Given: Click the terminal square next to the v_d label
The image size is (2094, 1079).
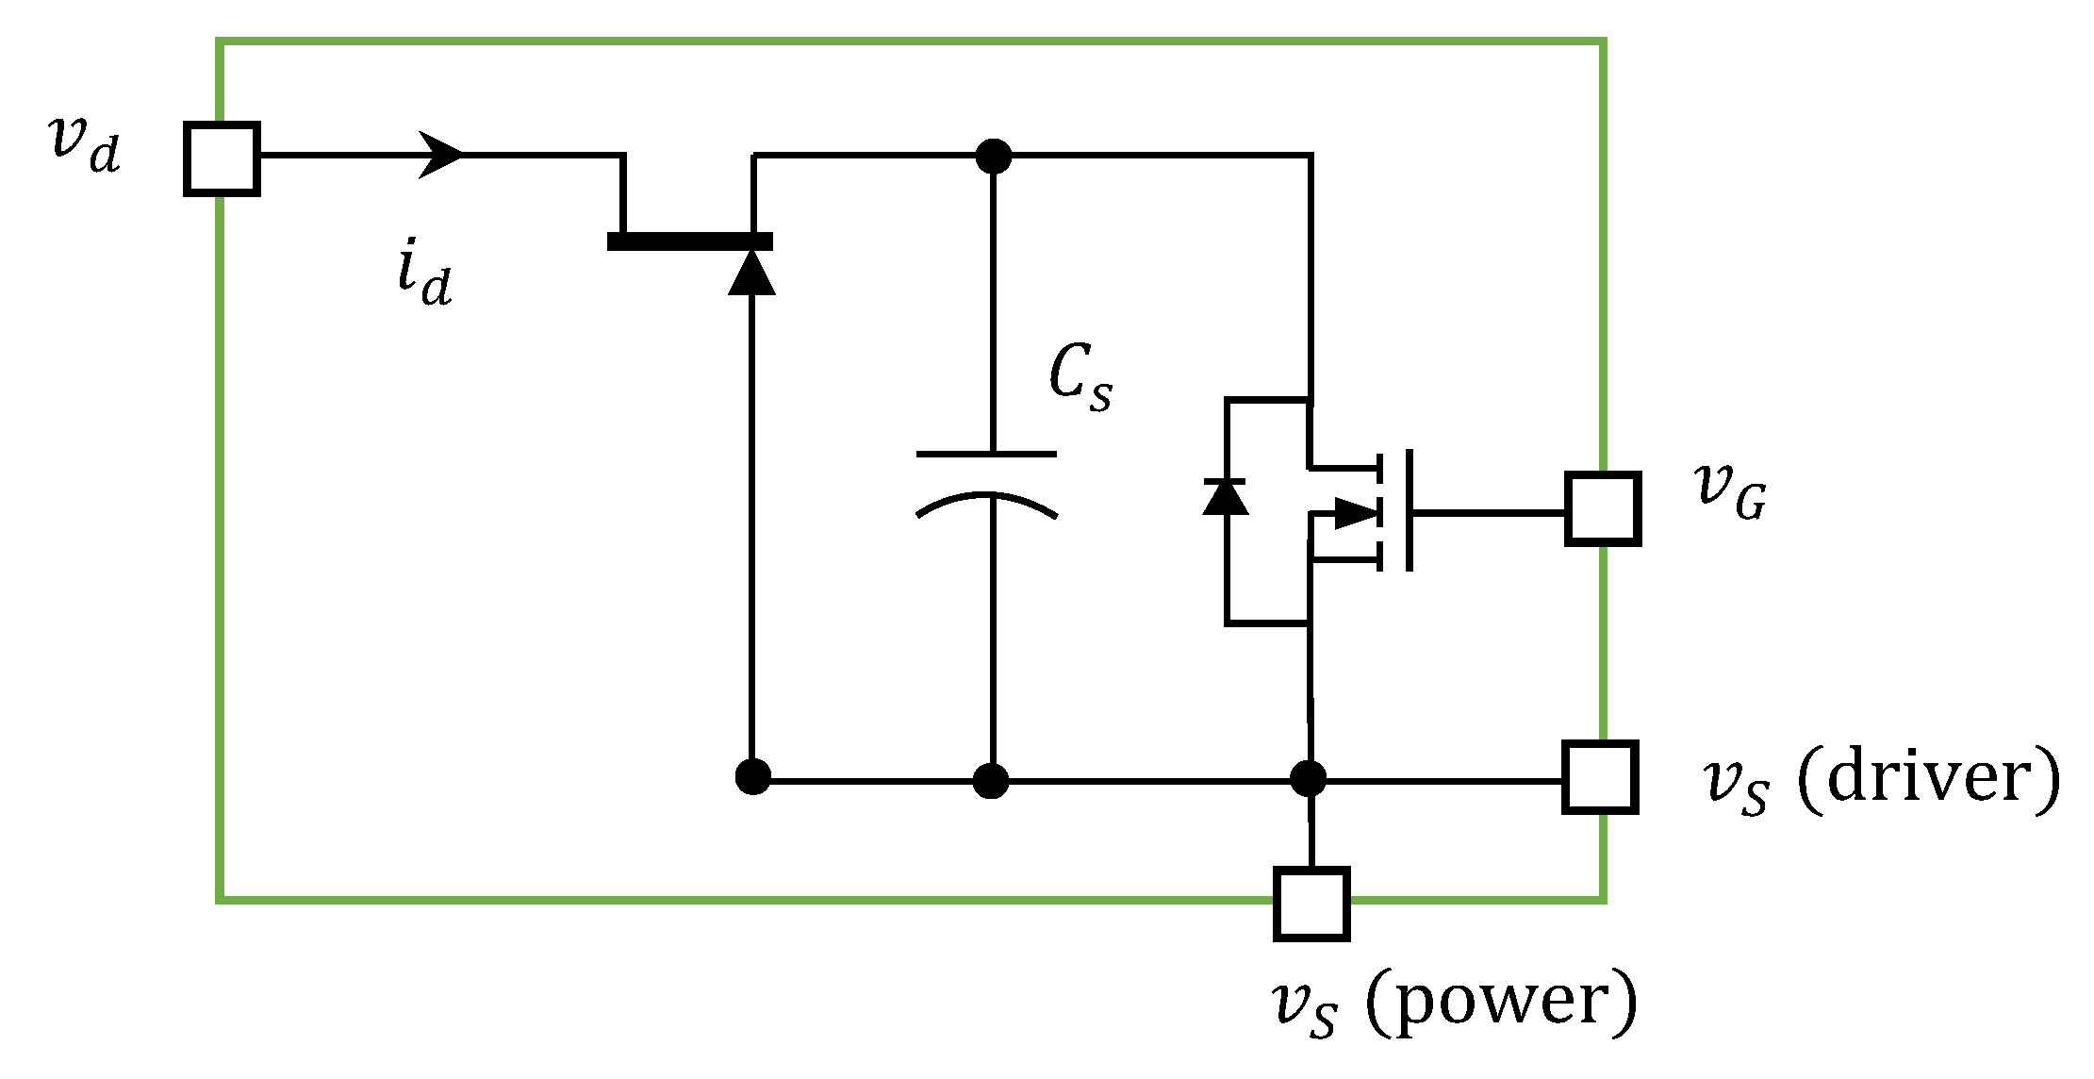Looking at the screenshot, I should coord(222,158).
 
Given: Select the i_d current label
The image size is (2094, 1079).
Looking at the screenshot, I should coord(424,274).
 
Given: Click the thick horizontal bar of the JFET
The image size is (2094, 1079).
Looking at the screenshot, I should coord(690,241).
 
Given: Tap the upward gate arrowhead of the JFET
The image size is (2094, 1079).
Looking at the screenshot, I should coord(751,273).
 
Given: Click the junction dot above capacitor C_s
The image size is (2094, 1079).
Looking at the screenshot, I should coord(993,156).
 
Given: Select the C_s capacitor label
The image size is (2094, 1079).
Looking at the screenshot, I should coord(1080,377).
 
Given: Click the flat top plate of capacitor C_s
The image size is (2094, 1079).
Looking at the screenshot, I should coord(986,455).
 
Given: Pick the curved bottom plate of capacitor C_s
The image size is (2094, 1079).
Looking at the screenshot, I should coord(986,500).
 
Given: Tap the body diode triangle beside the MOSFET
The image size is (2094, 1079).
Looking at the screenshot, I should coord(1226,498).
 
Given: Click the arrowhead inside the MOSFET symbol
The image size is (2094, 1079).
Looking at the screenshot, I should coord(1356,514).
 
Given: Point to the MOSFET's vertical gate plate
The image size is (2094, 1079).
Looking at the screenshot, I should coord(1409,510).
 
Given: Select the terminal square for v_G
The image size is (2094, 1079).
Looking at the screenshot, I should coord(1603,509).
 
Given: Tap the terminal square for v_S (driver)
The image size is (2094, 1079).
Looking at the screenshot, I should coord(1600,777).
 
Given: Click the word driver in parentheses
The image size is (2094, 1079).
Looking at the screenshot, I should coord(1927,777).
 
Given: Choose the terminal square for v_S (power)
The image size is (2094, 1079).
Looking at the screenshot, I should coord(1311,904).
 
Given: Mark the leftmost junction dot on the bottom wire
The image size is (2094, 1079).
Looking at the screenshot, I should coord(752,777).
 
